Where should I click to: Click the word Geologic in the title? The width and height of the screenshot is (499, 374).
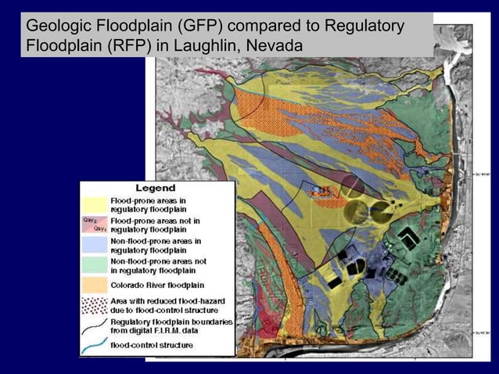(57, 28)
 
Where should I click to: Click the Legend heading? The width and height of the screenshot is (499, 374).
(156, 189)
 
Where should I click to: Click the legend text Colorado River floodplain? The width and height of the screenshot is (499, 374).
(157, 285)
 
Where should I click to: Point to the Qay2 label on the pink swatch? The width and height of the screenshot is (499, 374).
(89, 221)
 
